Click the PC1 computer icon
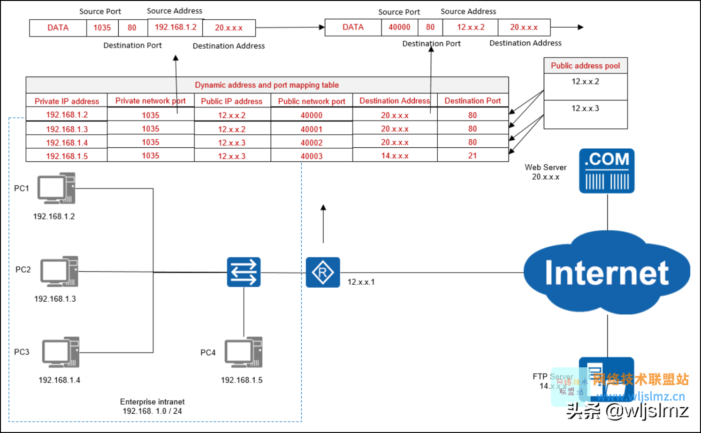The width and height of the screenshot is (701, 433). tap(57, 188)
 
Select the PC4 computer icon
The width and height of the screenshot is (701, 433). tap(244, 352)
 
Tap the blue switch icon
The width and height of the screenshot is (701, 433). tap(244, 272)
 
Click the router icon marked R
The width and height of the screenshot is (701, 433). tap(323, 272)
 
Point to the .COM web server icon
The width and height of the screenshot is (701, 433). tap(607, 171)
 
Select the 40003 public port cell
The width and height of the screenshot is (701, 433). tap(312, 156)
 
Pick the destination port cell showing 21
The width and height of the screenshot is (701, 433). tap(472, 156)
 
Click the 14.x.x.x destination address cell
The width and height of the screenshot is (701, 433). tap(395, 156)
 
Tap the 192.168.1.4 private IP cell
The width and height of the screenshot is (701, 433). tap(67, 143)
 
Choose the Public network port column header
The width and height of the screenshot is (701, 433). tap(312, 101)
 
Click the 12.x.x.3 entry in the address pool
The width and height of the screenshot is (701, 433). tap(585, 108)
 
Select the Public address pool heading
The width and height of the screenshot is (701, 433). tap(586, 66)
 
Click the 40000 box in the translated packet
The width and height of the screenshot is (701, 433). tap(399, 27)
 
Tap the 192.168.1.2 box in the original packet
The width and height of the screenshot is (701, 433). tap(175, 27)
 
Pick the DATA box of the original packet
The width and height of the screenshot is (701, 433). tap(58, 28)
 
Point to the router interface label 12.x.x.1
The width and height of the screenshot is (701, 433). tap(361, 282)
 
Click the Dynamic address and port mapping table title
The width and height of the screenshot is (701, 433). tap(267, 85)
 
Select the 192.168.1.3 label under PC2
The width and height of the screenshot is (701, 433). tap(55, 299)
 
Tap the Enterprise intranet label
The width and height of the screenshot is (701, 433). tap(152, 402)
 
